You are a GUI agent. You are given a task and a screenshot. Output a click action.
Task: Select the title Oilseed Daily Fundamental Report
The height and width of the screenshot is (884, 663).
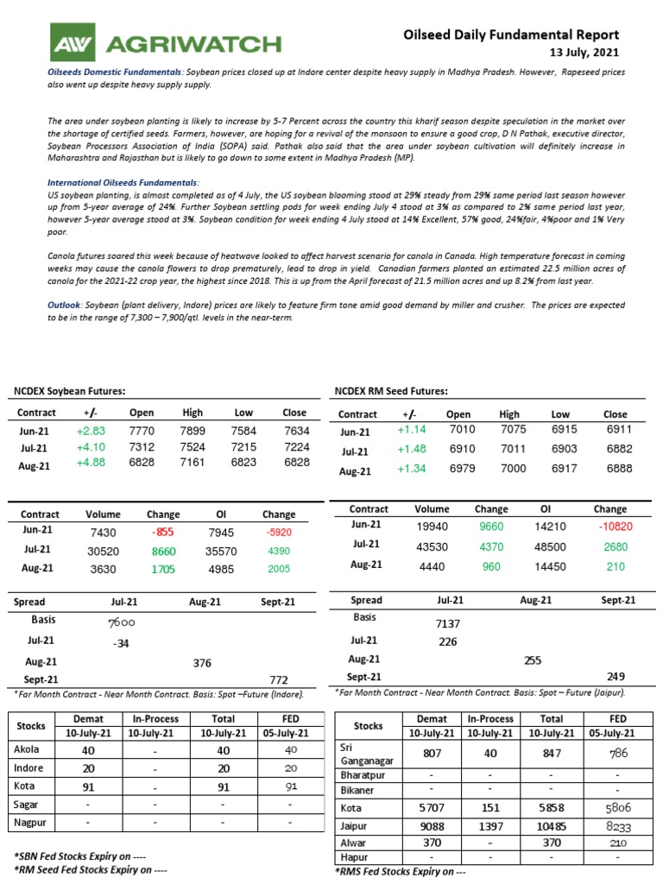(512, 35)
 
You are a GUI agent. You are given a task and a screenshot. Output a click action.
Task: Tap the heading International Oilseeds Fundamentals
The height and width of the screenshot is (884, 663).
(123, 183)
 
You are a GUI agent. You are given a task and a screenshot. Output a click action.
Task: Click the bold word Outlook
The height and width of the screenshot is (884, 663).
(64, 306)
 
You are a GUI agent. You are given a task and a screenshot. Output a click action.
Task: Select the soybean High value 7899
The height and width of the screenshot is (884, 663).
(193, 431)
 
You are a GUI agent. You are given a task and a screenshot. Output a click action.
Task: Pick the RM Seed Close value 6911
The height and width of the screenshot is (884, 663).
(615, 430)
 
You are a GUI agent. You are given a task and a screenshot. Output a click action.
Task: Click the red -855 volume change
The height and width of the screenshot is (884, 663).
(163, 532)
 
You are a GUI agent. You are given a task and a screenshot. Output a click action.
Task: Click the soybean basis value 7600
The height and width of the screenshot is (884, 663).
(120, 622)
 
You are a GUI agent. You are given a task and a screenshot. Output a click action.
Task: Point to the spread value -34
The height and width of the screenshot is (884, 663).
(121, 643)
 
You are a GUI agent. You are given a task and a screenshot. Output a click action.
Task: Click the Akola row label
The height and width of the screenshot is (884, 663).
(28, 749)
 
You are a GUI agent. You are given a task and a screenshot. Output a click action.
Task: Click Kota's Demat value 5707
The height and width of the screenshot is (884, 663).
(432, 807)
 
